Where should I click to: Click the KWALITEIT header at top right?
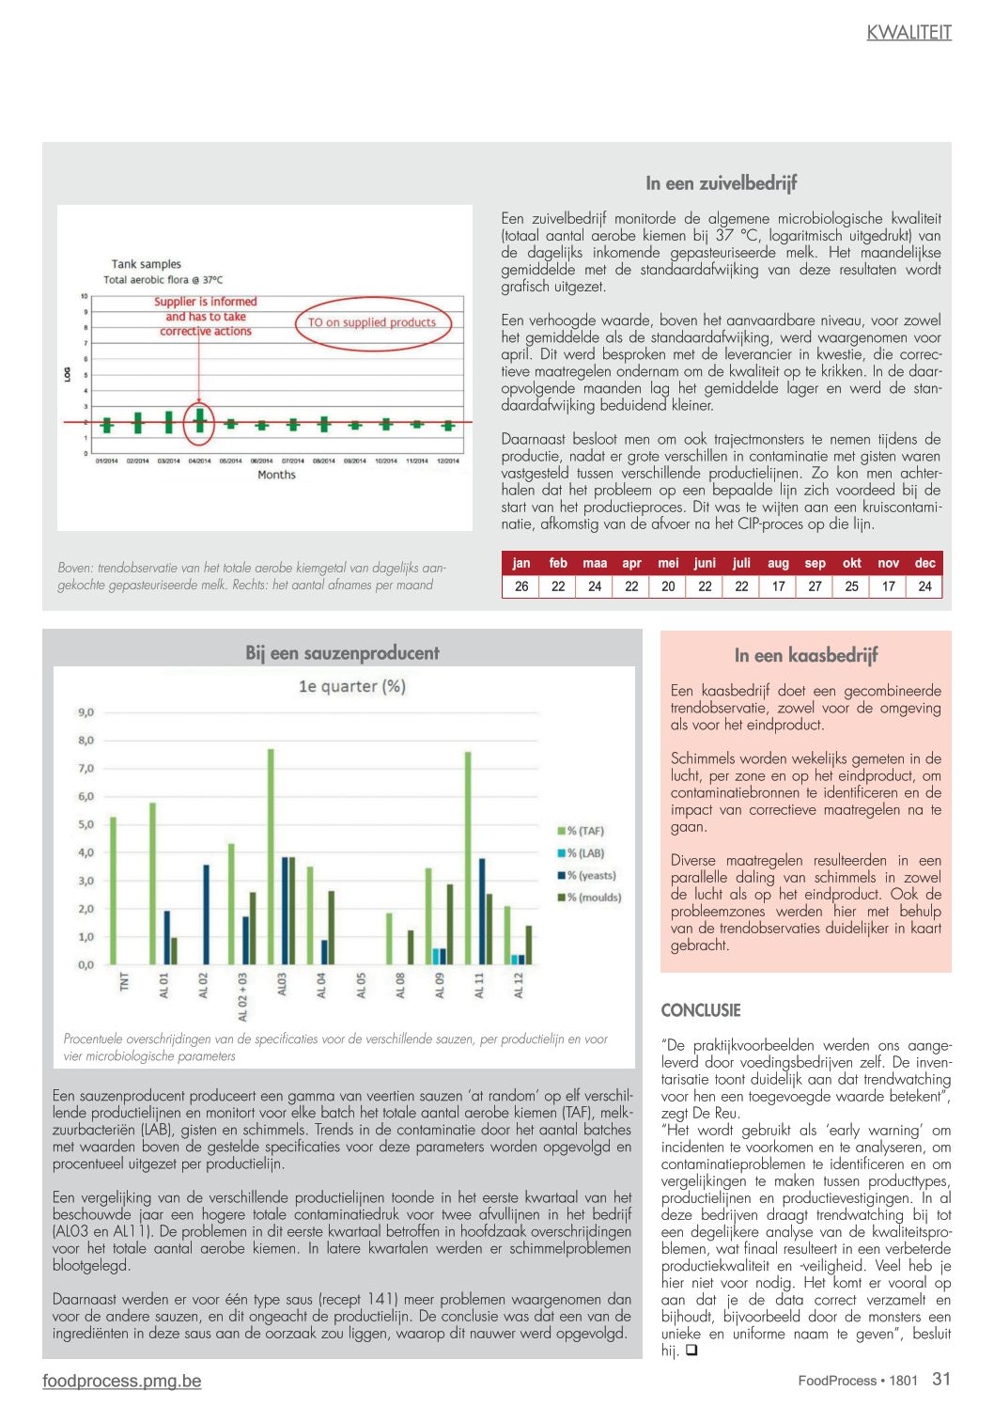pos(909,33)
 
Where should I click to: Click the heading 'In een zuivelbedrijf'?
pos(721,183)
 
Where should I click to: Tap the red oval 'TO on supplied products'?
pos(373,322)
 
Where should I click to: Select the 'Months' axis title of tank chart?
pos(276,476)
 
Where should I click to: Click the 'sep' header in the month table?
pos(815,563)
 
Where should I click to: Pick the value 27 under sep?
pos(815,586)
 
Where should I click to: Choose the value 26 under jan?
pos(521,586)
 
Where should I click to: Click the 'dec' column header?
pos(924,563)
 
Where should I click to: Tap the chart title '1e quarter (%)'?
pos(351,687)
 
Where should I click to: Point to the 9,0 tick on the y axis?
pos(85,712)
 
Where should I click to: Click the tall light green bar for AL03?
pos(271,856)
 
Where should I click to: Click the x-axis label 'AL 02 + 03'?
pos(243,997)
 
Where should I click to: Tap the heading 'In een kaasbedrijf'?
pos(806,655)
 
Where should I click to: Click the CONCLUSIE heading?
pos(701,1010)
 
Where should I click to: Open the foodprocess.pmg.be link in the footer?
pos(121,1381)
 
